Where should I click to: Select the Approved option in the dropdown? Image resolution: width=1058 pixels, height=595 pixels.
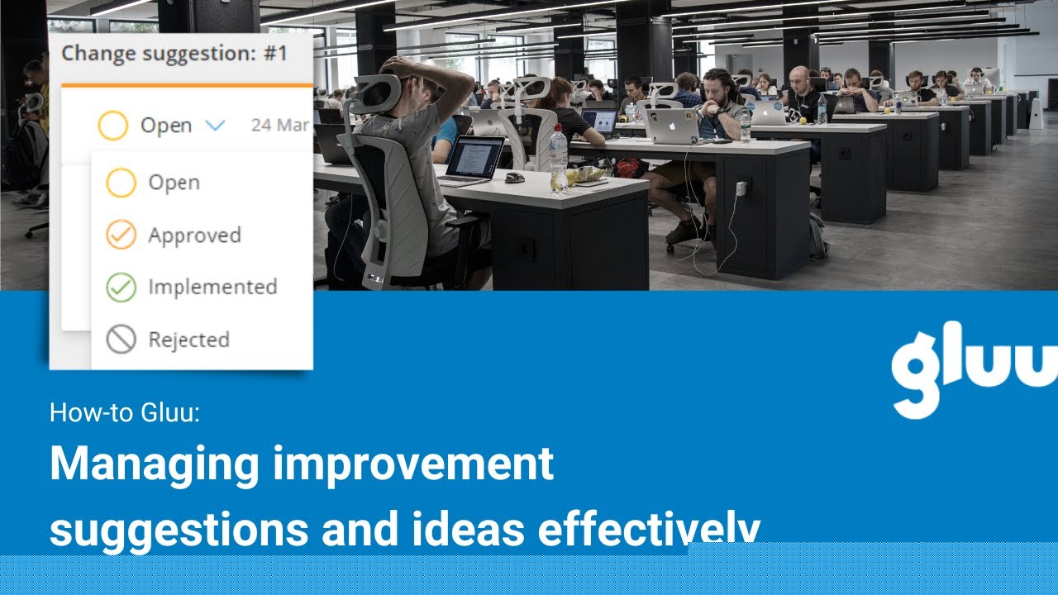pyautogui.click(x=194, y=236)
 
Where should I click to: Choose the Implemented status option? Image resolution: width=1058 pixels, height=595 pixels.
pyautogui.click(x=212, y=287)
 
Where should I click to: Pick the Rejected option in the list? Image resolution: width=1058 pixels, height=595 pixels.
pyautogui.click(x=189, y=340)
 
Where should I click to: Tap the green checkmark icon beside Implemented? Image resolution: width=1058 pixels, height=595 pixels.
pyautogui.click(x=121, y=287)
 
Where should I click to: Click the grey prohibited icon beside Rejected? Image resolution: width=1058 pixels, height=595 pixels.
pyautogui.click(x=121, y=340)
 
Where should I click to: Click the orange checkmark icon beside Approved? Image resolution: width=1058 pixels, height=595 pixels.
pyautogui.click(x=121, y=235)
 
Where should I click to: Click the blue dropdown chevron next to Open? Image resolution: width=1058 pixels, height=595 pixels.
pyautogui.click(x=216, y=126)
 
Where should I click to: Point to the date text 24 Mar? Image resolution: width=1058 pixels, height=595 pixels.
pyautogui.click(x=280, y=125)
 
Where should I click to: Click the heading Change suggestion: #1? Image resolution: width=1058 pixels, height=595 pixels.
pyautogui.click(x=174, y=54)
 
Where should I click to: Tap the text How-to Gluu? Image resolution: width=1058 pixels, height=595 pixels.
pyautogui.click(x=125, y=412)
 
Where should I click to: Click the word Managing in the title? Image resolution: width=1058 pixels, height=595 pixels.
pyautogui.click(x=155, y=465)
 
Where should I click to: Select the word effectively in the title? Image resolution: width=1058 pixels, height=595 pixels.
pyautogui.click(x=649, y=528)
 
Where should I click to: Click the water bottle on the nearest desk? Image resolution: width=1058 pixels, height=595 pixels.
pyautogui.click(x=559, y=159)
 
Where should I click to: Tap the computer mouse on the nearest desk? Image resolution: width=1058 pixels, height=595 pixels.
pyautogui.click(x=515, y=178)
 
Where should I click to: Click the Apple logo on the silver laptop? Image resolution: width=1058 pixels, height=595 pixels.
pyautogui.click(x=673, y=126)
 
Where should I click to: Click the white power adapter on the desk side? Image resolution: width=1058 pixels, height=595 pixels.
pyautogui.click(x=741, y=188)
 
